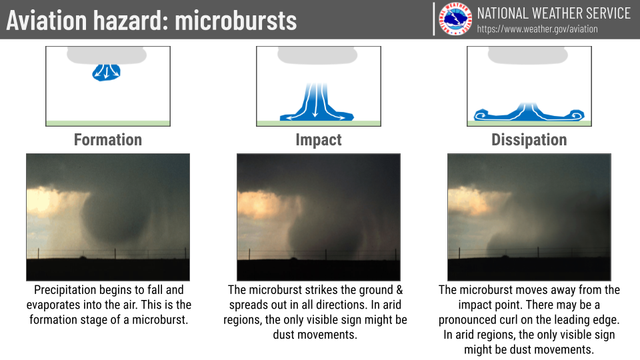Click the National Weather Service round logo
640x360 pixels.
pos(455,19)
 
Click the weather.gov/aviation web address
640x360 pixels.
pos(537,29)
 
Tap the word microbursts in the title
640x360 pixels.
pos(236,21)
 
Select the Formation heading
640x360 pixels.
pos(108,139)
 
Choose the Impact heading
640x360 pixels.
pos(319,140)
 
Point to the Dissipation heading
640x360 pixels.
pos(529,140)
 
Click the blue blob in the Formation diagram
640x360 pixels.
pos(106,72)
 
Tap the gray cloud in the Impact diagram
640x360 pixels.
pos(317,55)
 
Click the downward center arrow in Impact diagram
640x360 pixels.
pos(315,101)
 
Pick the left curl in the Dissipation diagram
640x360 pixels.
pos(481,115)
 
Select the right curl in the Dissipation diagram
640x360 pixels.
pos(577,115)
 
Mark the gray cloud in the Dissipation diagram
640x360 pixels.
pos(528,55)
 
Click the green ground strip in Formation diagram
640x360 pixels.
pos(108,123)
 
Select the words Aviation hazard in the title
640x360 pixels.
pos(87,21)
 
